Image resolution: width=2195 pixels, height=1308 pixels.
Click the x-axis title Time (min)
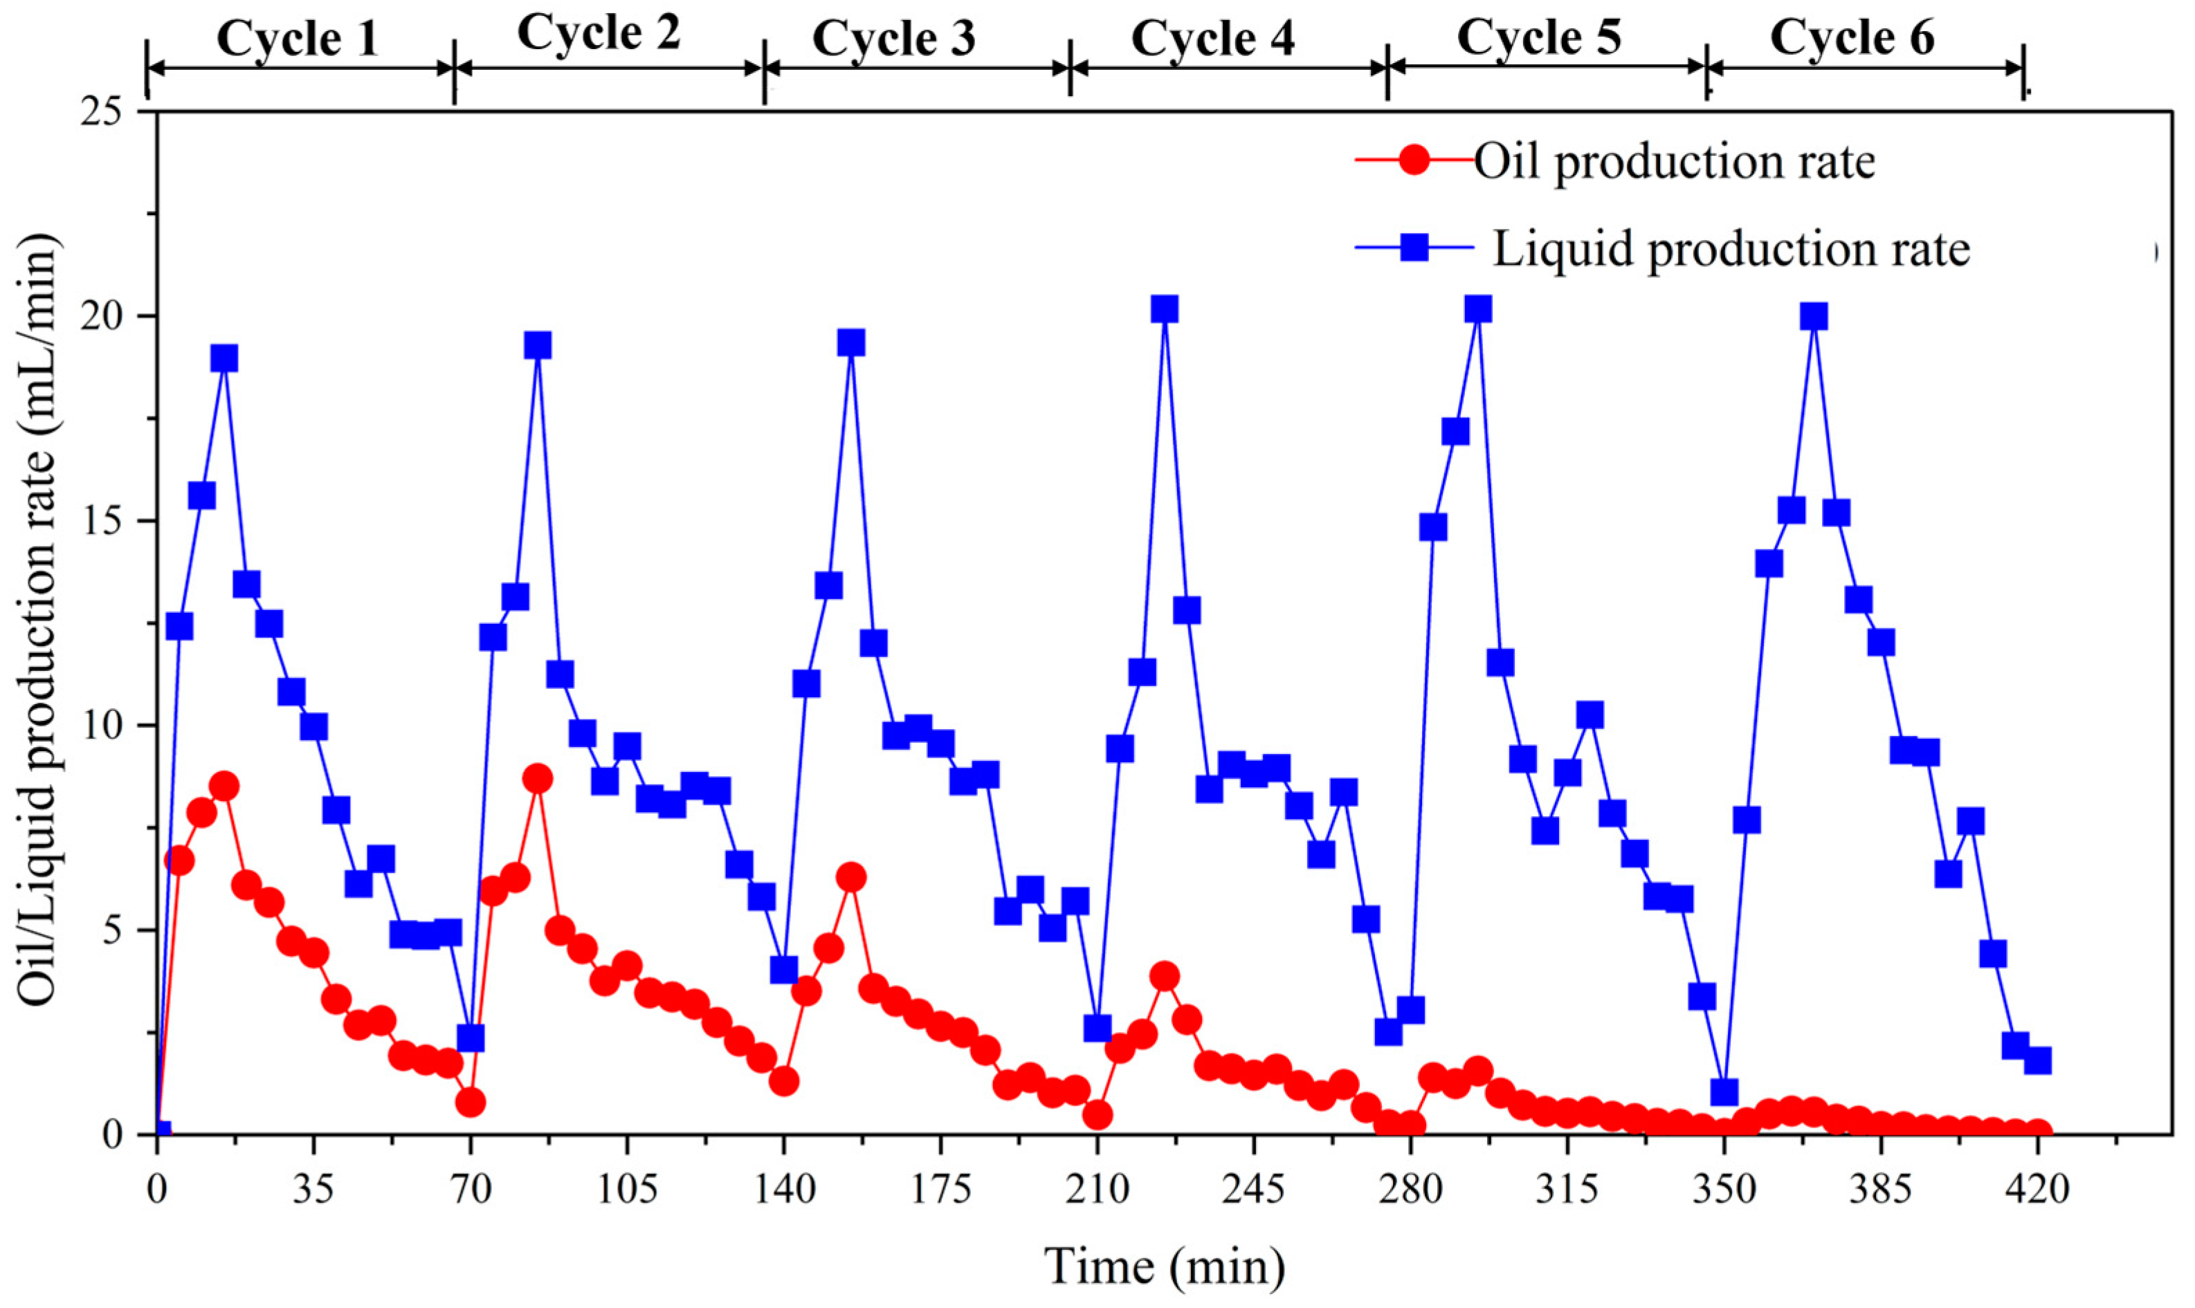[1165, 1266]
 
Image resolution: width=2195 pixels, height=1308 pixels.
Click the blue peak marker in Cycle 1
[224, 359]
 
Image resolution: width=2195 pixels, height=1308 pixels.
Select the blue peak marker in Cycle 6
[1813, 316]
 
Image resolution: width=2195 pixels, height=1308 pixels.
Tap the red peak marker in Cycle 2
[537, 779]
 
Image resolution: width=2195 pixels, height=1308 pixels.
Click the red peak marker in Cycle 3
[850, 877]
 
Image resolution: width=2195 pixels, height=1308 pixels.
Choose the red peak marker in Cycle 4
[1165, 976]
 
